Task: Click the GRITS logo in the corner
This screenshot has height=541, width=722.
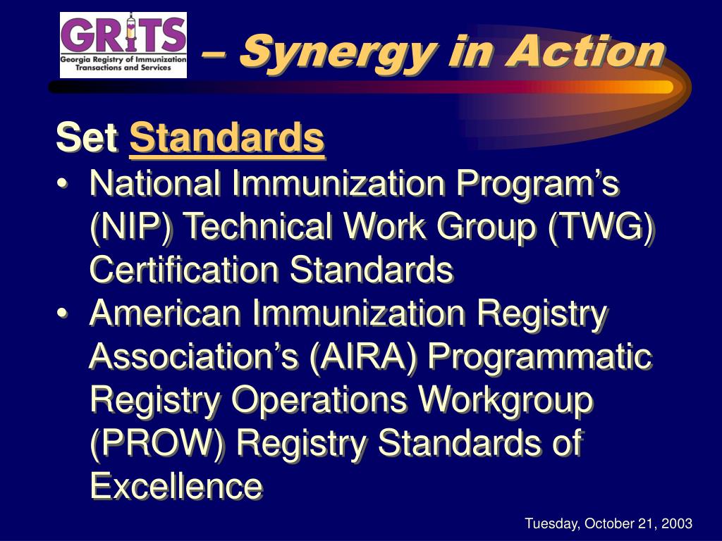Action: click(123, 44)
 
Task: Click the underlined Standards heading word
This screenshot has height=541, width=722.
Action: click(227, 138)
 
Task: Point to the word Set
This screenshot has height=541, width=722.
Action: click(87, 138)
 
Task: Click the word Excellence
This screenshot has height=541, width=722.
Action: click(176, 487)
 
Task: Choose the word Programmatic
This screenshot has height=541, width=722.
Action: click(540, 357)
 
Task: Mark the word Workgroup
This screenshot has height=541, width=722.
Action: click(506, 400)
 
